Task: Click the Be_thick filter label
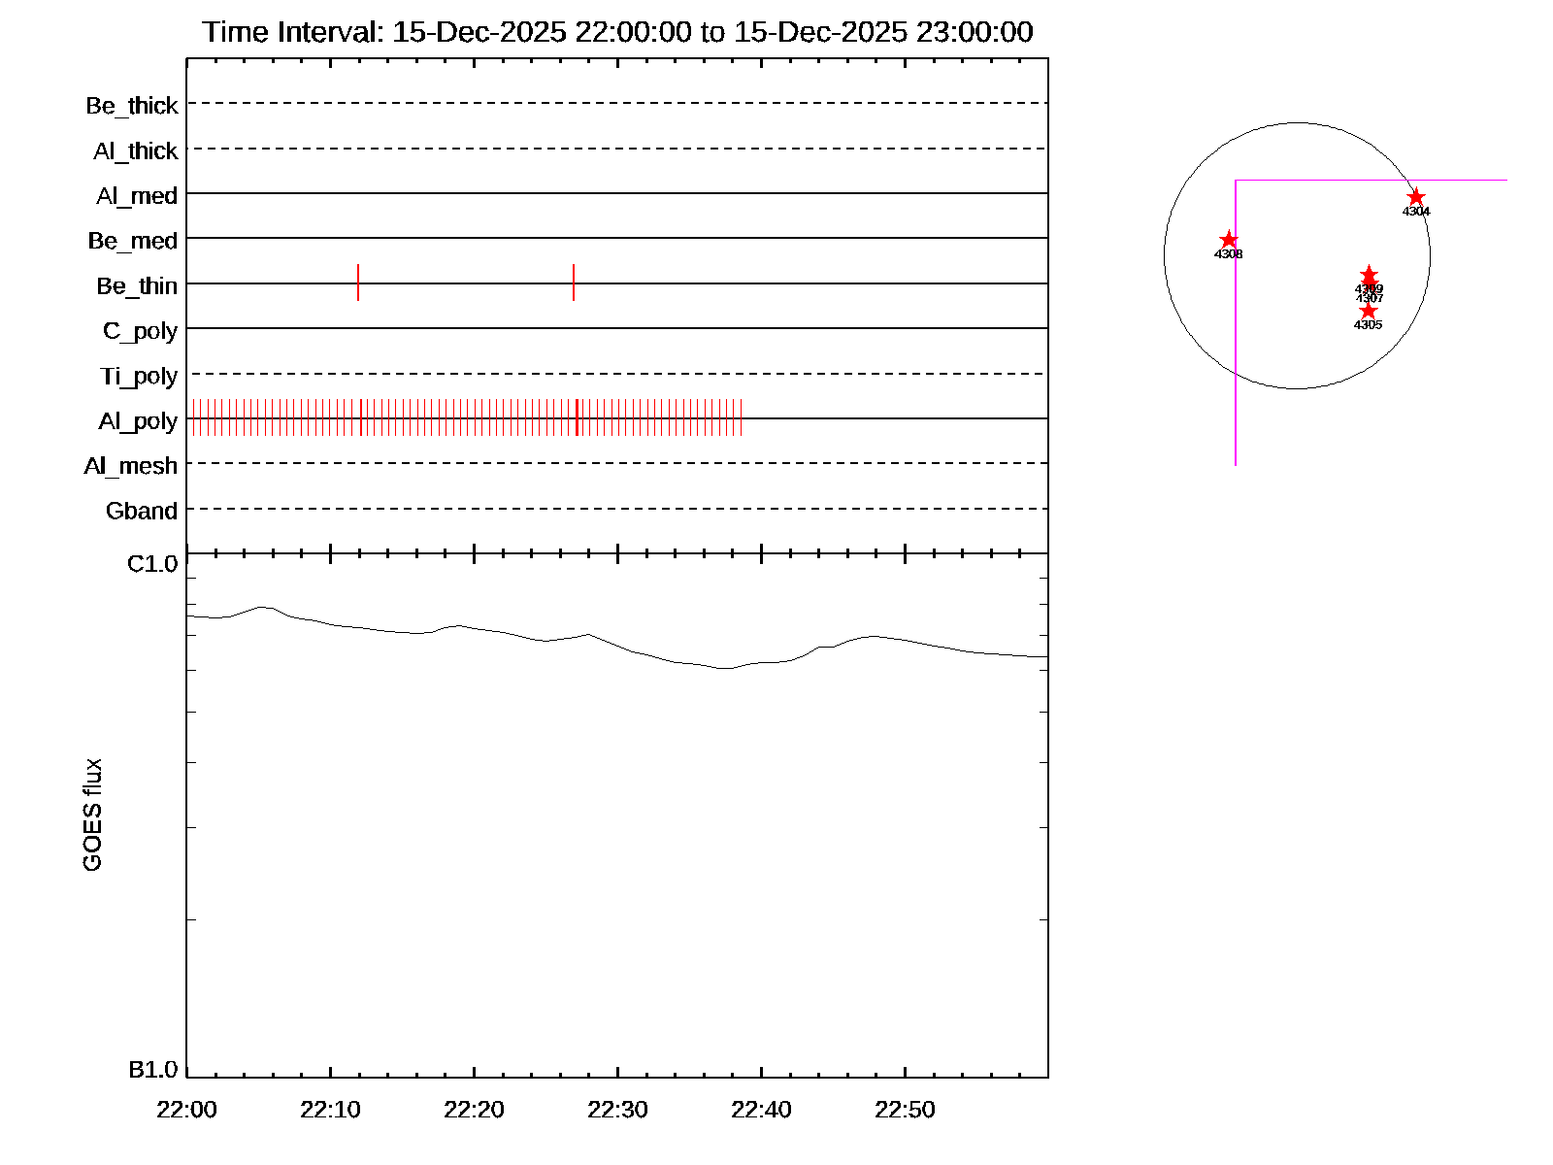132,106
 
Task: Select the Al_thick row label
136,151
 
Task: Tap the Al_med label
137,196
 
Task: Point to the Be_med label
133,241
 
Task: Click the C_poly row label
141,331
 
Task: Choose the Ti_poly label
139,377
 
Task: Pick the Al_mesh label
131,466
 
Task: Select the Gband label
142,511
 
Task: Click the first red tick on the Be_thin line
358,283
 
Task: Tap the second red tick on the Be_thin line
574,283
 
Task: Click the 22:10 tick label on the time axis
330,1110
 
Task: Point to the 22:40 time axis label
761,1110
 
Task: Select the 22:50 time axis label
905,1110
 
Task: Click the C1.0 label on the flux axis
152,564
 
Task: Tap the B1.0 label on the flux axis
152,1070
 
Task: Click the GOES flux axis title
93,815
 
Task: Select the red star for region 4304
1416,197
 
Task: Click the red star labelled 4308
1229,240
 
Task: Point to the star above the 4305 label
1369,311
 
